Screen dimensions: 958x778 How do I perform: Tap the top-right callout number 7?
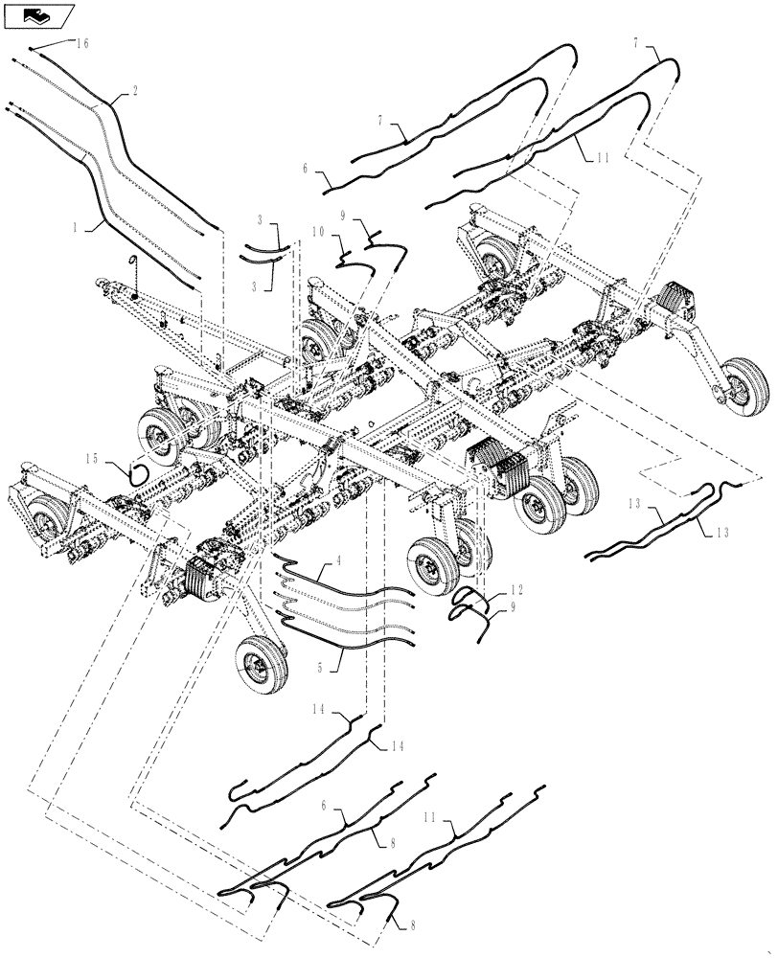(635, 43)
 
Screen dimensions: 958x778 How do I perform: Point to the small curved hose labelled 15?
(137, 471)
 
